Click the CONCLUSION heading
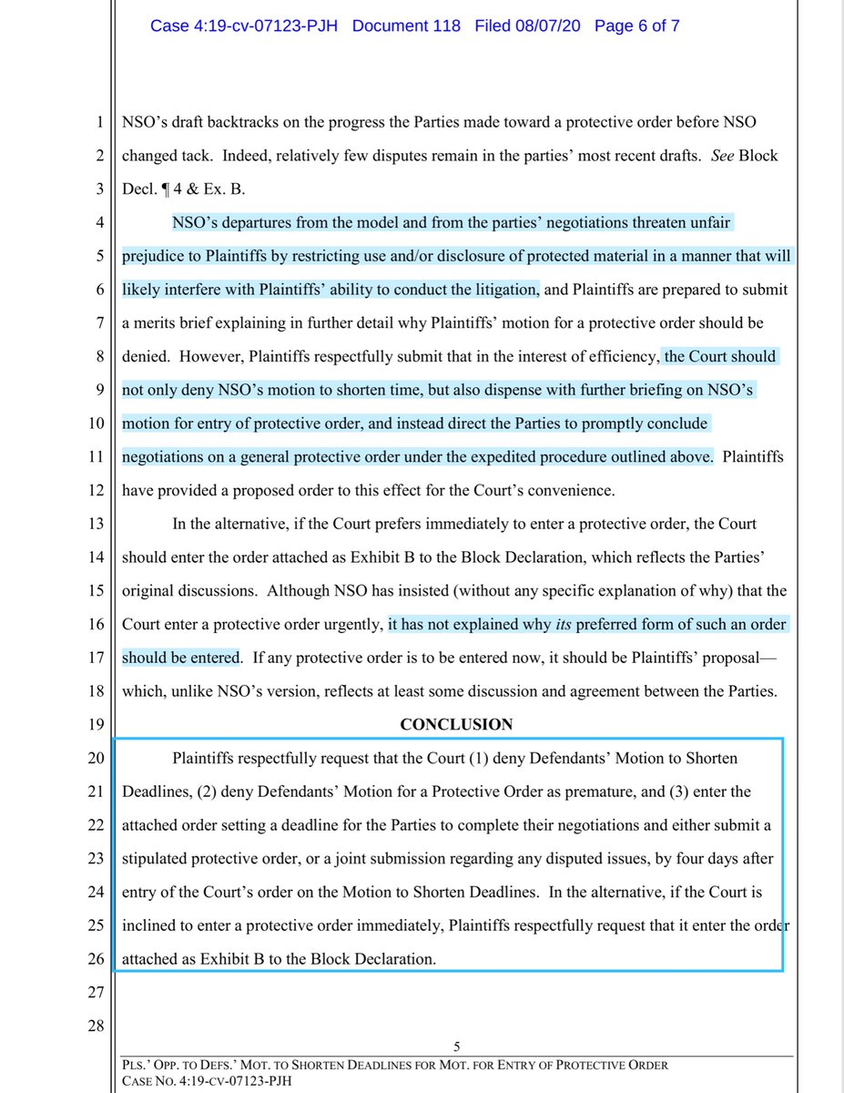[456, 725]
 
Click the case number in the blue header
[245, 25]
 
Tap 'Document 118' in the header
[407, 25]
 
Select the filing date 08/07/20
[529, 25]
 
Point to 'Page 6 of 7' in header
[636, 25]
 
